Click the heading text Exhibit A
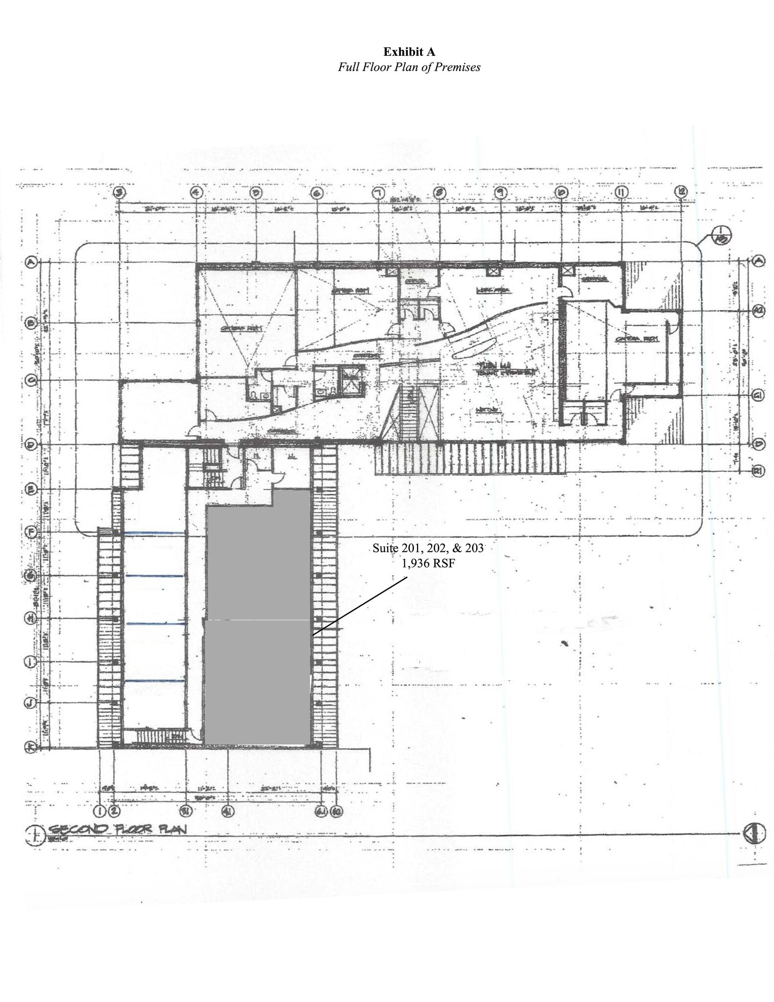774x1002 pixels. coord(409,52)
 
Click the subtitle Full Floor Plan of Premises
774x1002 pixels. coord(409,68)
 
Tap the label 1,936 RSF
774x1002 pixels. coord(428,563)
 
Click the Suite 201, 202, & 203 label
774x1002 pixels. coord(428,548)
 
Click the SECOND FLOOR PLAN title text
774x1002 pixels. coord(117,829)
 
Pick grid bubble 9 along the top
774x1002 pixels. coord(500,192)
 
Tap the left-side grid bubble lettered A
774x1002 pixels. coord(31,263)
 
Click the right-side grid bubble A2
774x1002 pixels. coord(758,311)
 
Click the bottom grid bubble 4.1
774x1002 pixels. coord(227,811)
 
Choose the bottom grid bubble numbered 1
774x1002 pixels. coord(100,811)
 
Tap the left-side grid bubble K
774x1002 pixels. coord(30,747)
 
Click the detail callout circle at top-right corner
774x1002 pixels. coord(721,236)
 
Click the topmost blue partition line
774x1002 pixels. coord(154,533)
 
